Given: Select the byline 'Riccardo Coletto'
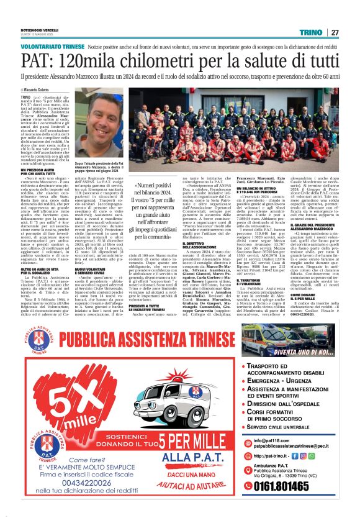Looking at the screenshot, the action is coord(44,90).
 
